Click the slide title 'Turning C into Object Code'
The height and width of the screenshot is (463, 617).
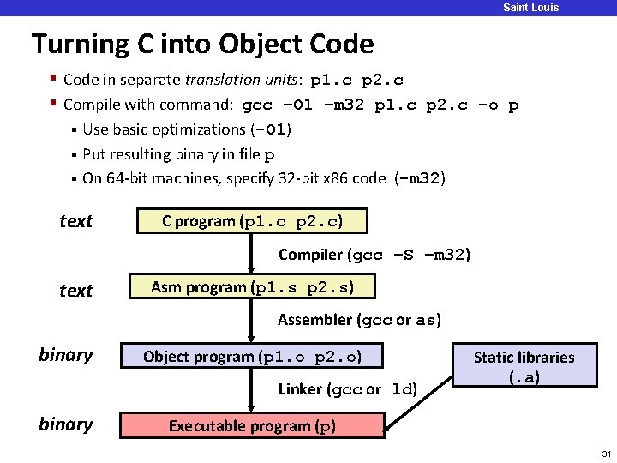click(202, 44)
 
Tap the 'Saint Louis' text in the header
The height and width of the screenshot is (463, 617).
click(530, 8)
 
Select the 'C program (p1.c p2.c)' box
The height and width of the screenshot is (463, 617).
click(252, 221)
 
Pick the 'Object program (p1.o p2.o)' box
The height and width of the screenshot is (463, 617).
click(252, 357)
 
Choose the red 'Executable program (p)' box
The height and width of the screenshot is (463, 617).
click(252, 426)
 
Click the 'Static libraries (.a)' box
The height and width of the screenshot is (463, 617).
click(524, 366)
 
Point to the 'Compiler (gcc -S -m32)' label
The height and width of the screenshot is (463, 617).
click(374, 255)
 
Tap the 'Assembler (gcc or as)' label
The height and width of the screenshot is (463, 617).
click(360, 321)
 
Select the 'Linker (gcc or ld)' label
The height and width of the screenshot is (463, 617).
click(347, 389)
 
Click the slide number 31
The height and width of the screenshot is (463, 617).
click(606, 454)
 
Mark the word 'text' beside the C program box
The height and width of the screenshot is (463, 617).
click(75, 221)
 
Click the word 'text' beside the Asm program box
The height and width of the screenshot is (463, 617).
click(75, 291)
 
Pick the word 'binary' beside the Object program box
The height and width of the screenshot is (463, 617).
click(66, 355)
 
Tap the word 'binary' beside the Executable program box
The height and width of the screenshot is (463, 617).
click(66, 424)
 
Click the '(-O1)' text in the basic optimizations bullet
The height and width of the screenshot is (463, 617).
click(271, 130)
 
